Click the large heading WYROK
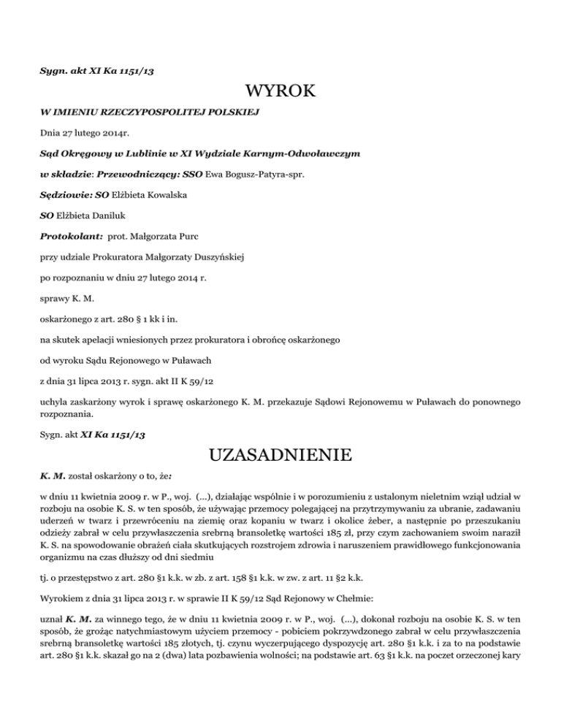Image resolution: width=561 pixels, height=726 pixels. point(280,91)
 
